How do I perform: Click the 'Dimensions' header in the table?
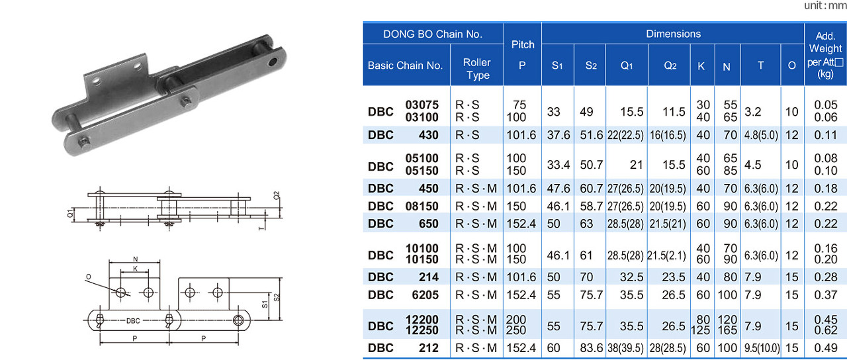(x=673, y=34)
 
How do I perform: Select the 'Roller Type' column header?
(x=476, y=69)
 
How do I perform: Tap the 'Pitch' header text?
(x=523, y=44)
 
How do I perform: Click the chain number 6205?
(x=425, y=294)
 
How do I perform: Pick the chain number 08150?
(x=422, y=206)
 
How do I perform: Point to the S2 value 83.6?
(x=592, y=347)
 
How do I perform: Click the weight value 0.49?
(x=825, y=347)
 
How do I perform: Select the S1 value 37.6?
(x=558, y=135)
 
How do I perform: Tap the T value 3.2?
(x=752, y=112)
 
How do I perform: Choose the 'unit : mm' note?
(x=825, y=5)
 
